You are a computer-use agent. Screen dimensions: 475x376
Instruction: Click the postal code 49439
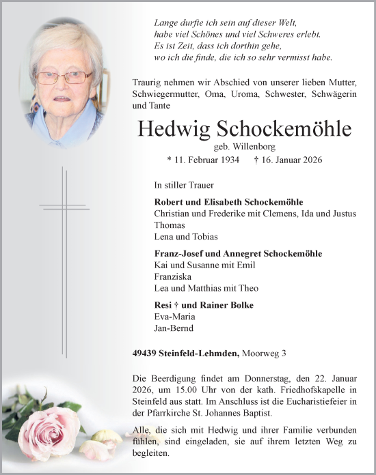tap(146, 353)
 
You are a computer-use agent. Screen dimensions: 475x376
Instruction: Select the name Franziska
tap(174, 278)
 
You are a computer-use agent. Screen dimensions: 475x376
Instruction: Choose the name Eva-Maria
tap(175, 317)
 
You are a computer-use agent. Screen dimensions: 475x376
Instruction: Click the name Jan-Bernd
tap(174, 328)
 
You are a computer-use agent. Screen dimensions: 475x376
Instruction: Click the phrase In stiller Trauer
tap(184, 185)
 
